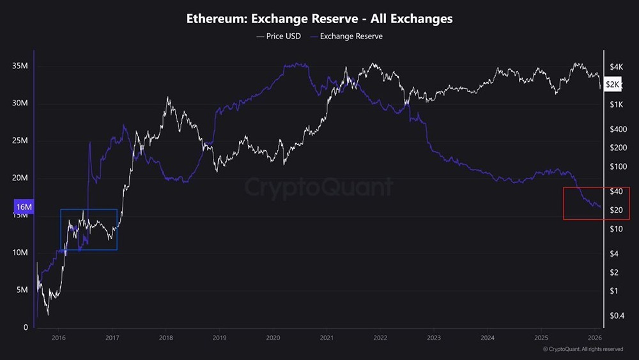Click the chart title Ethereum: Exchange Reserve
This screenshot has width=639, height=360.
(x=319, y=19)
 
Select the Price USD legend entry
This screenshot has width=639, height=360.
(x=279, y=36)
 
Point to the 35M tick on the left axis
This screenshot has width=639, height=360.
(x=19, y=66)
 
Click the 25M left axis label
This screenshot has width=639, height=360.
(x=19, y=141)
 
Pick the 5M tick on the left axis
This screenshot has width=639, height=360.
(x=21, y=290)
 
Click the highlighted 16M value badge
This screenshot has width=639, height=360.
(x=23, y=207)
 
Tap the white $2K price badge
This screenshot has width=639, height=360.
(x=612, y=84)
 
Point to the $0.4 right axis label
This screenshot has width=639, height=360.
(x=616, y=315)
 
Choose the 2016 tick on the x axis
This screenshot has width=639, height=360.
(x=58, y=338)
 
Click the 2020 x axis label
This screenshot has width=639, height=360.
(x=273, y=338)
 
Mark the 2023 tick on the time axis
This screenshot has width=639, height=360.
(x=434, y=338)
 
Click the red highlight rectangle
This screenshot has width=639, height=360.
(x=596, y=203)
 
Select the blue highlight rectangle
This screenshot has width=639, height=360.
(x=89, y=229)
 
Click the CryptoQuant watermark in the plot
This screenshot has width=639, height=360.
(x=319, y=187)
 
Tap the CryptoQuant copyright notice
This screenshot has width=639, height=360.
(x=583, y=349)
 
